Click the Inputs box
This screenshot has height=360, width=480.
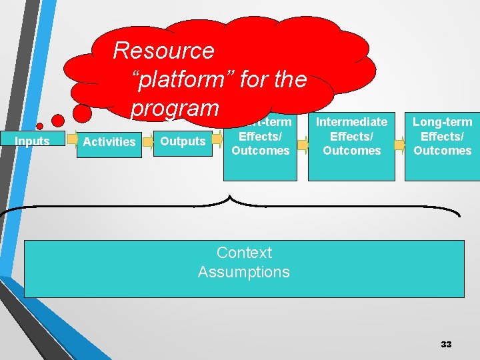(x=32, y=141)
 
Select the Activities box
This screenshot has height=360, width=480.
(x=109, y=141)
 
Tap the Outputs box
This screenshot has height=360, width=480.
(x=183, y=141)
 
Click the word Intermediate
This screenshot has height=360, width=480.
(x=351, y=122)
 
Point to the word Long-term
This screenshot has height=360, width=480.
(x=442, y=122)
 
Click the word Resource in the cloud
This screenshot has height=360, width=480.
(x=163, y=51)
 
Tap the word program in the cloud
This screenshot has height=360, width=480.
(x=175, y=107)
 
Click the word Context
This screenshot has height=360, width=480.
(x=244, y=253)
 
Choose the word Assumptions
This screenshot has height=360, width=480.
(x=244, y=272)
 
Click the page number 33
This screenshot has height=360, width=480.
(x=446, y=344)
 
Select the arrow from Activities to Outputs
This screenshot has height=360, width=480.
(x=148, y=141)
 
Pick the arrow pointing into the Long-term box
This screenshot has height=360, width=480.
(x=399, y=144)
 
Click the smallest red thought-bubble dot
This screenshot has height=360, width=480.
(x=39, y=126)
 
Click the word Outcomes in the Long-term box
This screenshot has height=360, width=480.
(x=442, y=151)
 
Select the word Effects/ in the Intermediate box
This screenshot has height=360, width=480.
(x=351, y=136)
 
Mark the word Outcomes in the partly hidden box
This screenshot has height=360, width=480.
(x=260, y=151)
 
